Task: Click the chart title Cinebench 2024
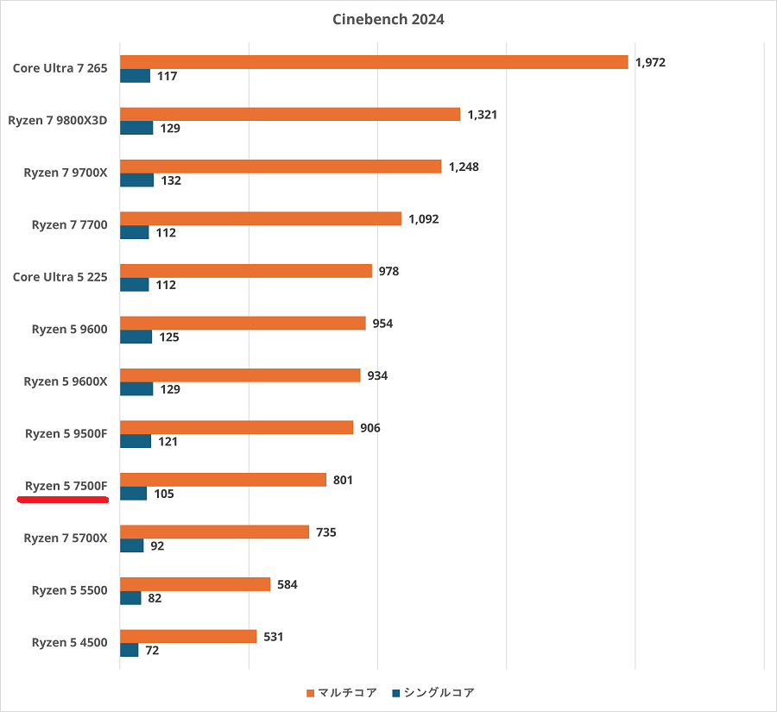(x=388, y=19)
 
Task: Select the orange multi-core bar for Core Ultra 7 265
(x=373, y=62)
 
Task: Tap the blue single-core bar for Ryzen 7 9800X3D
(x=136, y=128)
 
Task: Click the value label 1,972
(x=650, y=62)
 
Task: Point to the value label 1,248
(x=464, y=167)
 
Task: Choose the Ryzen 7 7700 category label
(x=69, y=225)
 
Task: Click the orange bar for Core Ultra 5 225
(x=245, y=271)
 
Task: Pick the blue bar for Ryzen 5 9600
(x=136, y=337)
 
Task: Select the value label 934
(x=377, y=375)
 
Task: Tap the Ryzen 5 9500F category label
(x=66, y=433)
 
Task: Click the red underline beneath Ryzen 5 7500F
(x=62, y=499)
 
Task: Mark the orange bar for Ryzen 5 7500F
(x=223, y=480)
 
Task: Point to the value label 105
(x=164, y=494)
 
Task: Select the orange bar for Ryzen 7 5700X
(x=214, y=532)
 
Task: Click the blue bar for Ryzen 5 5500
(x=130, y=597)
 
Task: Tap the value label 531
(x=274, y=637)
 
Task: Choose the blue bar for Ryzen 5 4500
(x=129, y=650)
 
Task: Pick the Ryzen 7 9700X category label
(x=66, y=173)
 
